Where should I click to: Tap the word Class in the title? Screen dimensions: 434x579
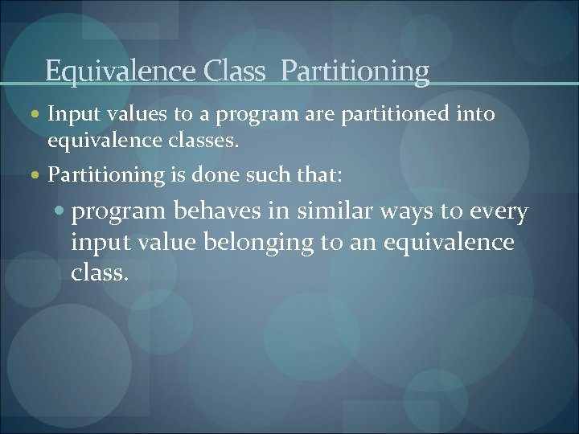pos(235,72)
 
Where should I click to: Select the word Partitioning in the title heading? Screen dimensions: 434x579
pos(355,72)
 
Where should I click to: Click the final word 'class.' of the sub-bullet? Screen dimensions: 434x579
pos(100,272)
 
